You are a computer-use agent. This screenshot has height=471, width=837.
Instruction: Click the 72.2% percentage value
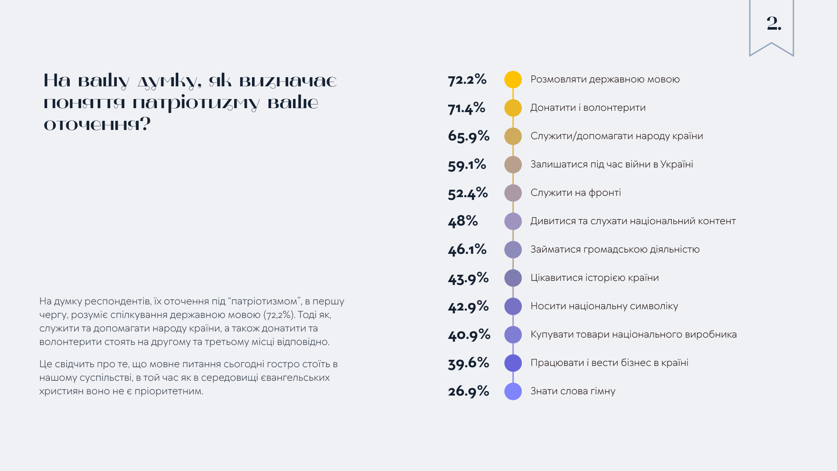pyautogui.click(x=467, y=79)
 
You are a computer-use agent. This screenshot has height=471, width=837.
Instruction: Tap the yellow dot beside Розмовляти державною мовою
pyautogui.click(x=513, y=80)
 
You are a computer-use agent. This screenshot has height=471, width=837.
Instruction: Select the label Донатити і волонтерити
pyautogui.click(x=588, y=108)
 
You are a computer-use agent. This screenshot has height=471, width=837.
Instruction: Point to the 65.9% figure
pyautogui.click(x=469, y=136)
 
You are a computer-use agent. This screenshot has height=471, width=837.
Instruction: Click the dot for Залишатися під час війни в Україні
pyautogui.click(x=513, y=165)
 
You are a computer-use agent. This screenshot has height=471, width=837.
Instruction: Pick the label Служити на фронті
pyautogui.click(x=575, y=193)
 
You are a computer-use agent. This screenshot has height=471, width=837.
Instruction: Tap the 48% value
pyautogui.click(x=463, y=221)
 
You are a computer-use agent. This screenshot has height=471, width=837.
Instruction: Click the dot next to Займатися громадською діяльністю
pyautogui.click(x=513, y=250)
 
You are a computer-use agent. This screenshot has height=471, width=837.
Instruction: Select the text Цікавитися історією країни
pyautogui.click(x=594, y=278)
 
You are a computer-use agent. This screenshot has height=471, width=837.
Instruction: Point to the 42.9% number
pyautogui.click(x=468, y=306)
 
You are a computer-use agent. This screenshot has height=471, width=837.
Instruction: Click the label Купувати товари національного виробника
pyautogui.click(x=633, y=334)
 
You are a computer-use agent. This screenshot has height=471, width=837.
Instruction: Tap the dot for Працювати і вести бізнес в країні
pyautogui.click(x=513, y=363)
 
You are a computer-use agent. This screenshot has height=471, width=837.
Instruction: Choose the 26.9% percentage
pyautogui.click(x=468, y=391)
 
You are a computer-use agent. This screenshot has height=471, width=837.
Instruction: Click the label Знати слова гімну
pyautogui.click(x=573, y=391)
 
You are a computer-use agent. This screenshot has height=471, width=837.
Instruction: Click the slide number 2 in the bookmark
pyautogui.click(x=774, y=24)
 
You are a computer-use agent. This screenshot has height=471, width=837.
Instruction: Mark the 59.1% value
pyautogui.click(x=467, y=164)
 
